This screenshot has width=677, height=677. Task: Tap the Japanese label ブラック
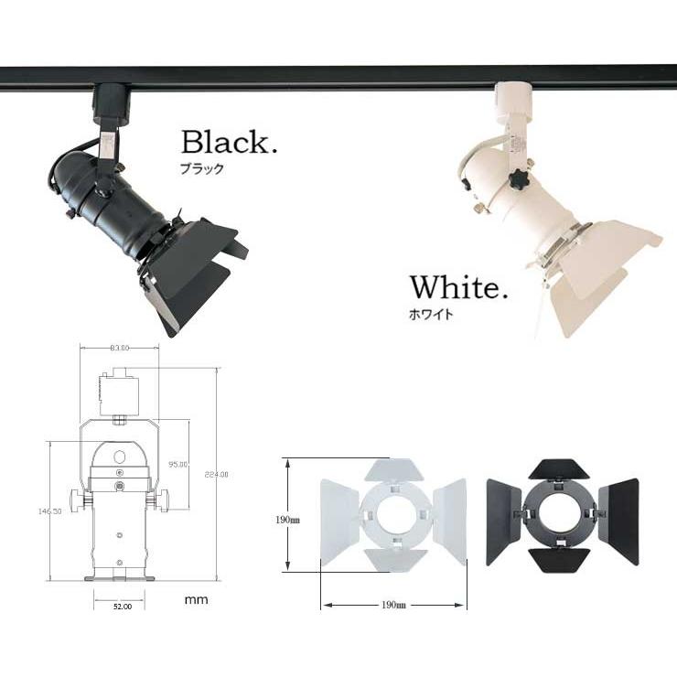tap(202, 169)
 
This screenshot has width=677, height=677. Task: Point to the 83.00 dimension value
tap(118, 348)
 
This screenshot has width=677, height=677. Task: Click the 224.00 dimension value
tap(216, 474)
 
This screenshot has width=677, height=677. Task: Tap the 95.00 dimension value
tap(177, 465)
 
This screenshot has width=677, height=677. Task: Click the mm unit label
tap(196, 600)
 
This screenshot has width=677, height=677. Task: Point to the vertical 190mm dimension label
tap(287, 519)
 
